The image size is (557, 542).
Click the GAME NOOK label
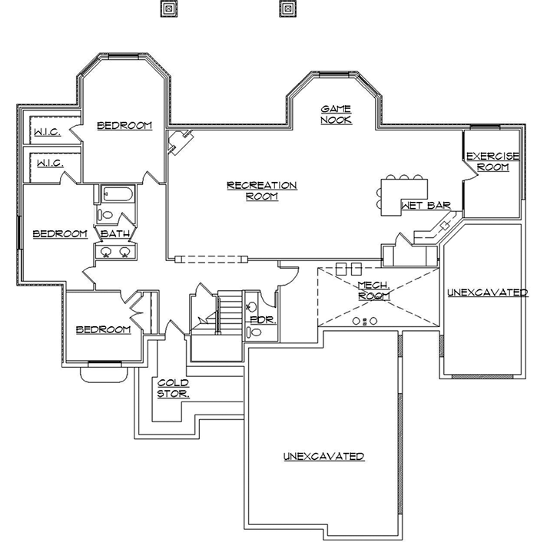(336, 114)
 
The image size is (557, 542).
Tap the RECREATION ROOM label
(261, 190)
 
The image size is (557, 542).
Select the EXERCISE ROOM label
(492, 161)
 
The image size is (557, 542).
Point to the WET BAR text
(419, 206)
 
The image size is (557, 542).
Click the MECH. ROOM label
(374, 290)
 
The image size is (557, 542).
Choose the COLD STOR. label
(174, 388)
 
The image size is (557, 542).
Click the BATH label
(114, 233)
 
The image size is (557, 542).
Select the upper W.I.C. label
(47, 133)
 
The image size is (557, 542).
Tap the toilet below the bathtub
(107, 216)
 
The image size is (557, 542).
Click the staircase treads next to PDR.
(228, 312)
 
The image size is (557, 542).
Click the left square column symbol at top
(167, 8)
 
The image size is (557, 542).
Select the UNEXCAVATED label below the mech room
(323, 456)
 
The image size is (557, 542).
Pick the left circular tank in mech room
(356, 321)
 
